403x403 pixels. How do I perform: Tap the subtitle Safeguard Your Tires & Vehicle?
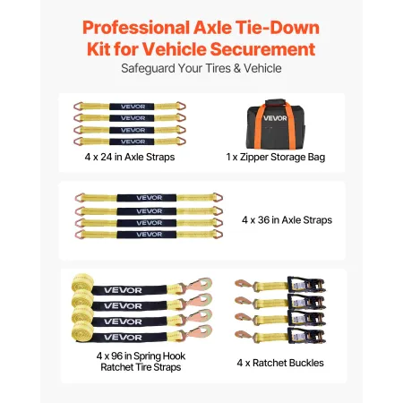coord(201,69)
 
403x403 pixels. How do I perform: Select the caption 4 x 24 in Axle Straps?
coord(124,158)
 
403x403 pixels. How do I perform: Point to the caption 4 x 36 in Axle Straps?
coord(287,219)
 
